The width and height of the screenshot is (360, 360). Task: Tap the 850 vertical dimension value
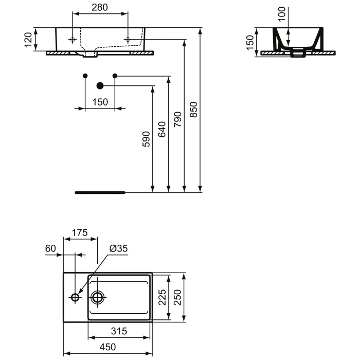point(194,109)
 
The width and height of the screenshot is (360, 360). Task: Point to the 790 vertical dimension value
point(178,119)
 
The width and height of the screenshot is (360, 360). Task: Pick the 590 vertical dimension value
point(146,140)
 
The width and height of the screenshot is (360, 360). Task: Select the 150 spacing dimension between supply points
point(100,102)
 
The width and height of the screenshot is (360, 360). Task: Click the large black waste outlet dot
point(100,85)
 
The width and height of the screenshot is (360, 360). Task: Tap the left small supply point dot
point(85,76)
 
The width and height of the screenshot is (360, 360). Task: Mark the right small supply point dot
point(115,76)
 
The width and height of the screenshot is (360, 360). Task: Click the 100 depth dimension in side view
point(281,14)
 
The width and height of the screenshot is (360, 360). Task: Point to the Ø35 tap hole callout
point(118,248)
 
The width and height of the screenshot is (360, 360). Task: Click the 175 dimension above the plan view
point(80,232)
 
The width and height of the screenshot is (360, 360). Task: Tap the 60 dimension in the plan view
point(50,248)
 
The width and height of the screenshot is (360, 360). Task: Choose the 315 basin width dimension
point(119,331)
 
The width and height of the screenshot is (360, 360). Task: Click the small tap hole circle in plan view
point(76,297)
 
